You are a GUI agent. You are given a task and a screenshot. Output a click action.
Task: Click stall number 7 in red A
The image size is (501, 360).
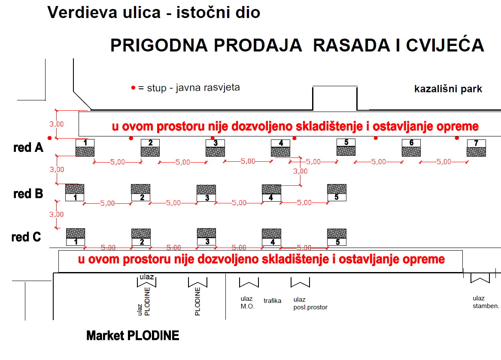[x=476, y=148]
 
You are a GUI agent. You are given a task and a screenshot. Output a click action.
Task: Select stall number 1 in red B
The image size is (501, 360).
[x=75, y=193]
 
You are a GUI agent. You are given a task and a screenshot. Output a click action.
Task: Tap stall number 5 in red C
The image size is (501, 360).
[x=337, y=237]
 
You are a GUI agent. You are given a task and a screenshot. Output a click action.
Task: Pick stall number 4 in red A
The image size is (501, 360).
[x=280, y=148]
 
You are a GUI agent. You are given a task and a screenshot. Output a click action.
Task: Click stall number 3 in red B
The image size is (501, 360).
[x=206, y=193]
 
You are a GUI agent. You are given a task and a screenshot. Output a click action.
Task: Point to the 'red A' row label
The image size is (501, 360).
[x=28, y=148]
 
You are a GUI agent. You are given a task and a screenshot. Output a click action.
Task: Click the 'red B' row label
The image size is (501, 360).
[x=28, y=194]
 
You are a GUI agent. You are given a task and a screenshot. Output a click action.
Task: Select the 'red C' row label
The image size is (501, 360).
[x=26, y=237]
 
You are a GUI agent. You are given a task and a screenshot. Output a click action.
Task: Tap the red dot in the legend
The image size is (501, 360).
[x=133, y=88]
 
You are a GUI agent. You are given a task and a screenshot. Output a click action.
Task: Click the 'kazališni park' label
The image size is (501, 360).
[x=448, y=89]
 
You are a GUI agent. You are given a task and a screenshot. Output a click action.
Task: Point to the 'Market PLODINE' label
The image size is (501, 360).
[x=133, y=336]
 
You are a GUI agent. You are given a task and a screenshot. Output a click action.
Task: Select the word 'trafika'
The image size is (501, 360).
[x=272, y=301]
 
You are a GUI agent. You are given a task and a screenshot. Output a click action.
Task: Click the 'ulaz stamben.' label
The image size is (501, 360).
[x=486, y=302]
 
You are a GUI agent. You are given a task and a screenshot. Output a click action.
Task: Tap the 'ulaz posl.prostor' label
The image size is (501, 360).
[x=310, y=303]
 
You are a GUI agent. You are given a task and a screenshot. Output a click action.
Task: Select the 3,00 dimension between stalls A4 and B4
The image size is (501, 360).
[x=301, y=171]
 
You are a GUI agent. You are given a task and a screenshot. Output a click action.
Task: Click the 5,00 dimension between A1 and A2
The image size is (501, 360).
[x=118, y=162]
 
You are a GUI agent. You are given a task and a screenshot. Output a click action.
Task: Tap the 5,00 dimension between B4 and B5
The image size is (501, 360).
[x=304, y=203]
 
